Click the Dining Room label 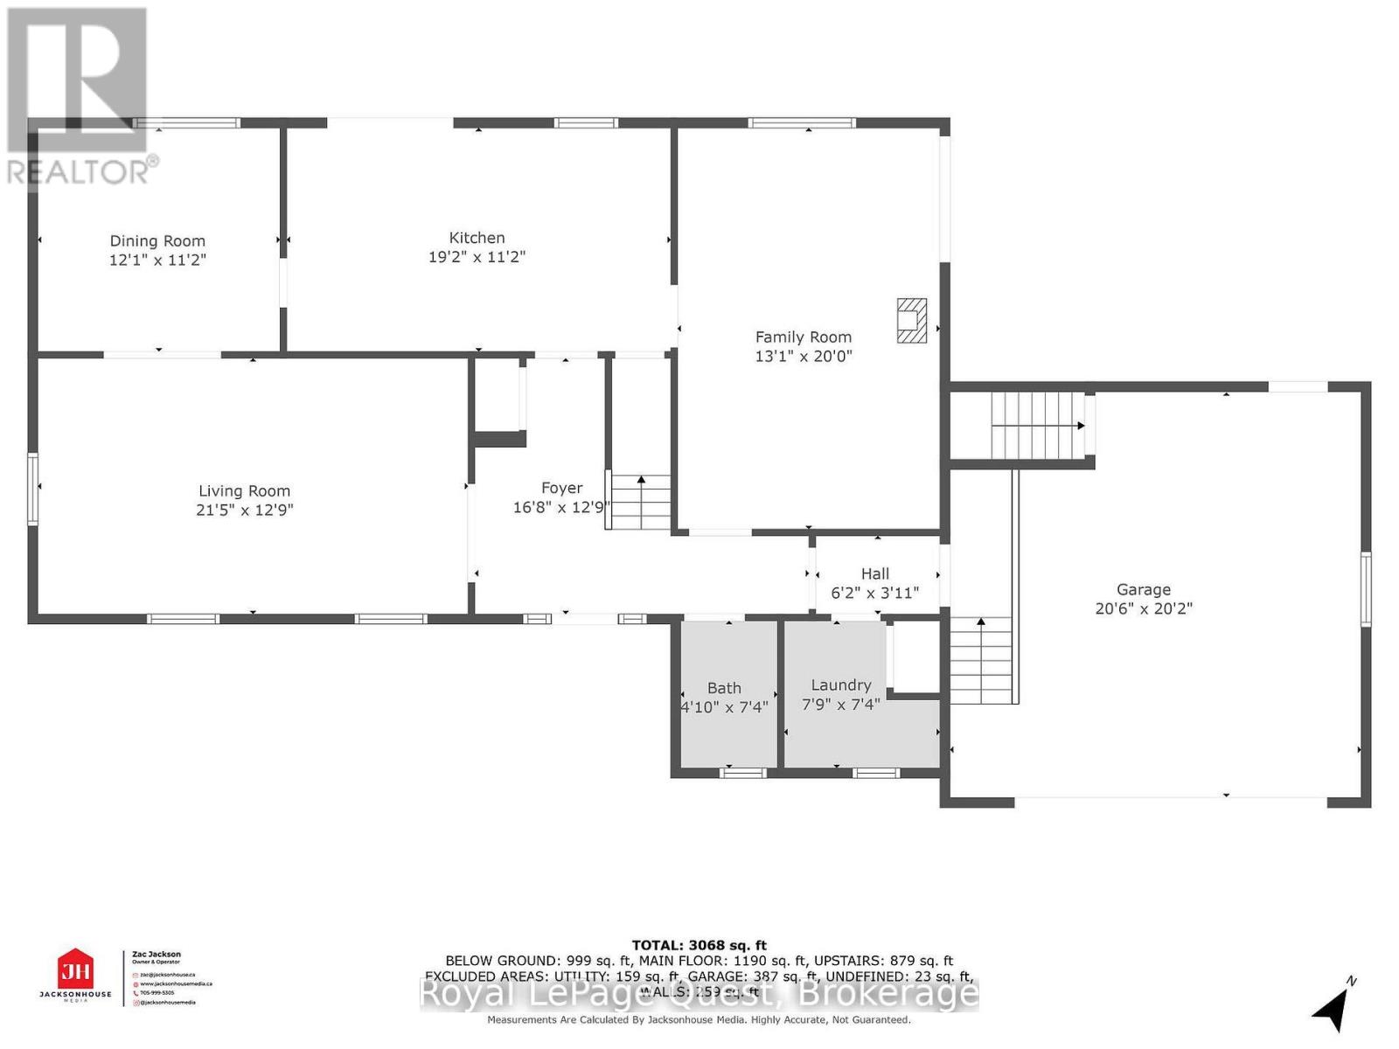click(157, 240)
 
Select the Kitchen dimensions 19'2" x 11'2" click(477, 257)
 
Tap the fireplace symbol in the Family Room click(911, 320)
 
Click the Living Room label click(244, 491)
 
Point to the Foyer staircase click(641, 502)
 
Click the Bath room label click(724, 688)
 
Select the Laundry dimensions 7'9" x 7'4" click(840, 705)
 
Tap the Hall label click(874, 573)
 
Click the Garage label click(1143, 590)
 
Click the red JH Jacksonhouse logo click(75, 970)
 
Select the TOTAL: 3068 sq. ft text click(699, 945)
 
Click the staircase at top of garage click(1038, 425)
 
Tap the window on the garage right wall click(1366, 588)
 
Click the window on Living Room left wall click(32, 488)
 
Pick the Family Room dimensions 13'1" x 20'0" click(803, 357)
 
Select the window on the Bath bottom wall click(743, 772)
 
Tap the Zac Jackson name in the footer click(157, 955)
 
